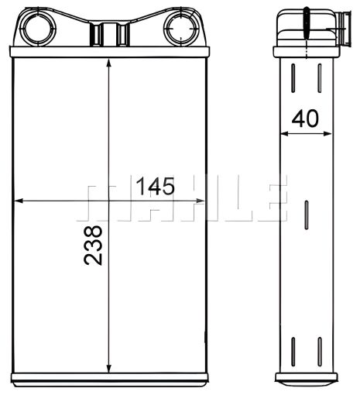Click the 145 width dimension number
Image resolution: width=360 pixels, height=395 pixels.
(x=155, y=187)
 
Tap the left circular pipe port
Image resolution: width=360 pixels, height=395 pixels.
(x=35, y=29)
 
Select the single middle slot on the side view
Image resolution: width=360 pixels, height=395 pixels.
(x=307, y=215)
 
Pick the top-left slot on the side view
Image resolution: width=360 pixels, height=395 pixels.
(x=295, y=78)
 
